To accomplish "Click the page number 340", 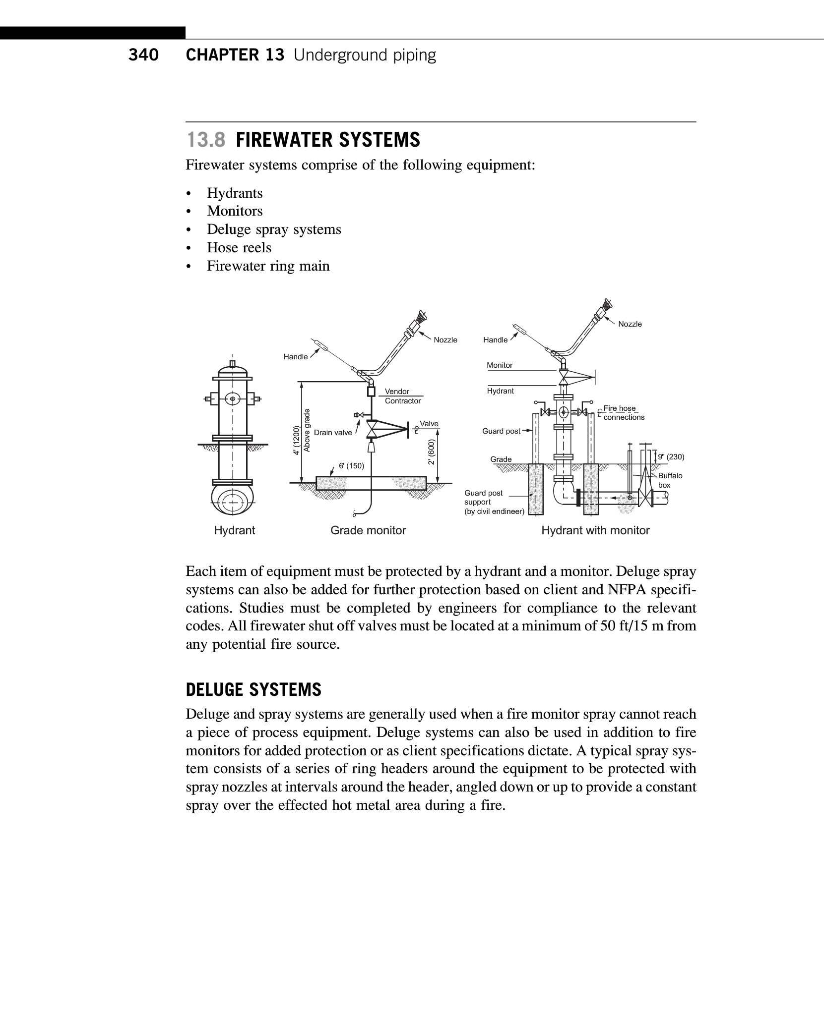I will [x=143, y=55].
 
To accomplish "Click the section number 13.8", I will [x=206, y=140].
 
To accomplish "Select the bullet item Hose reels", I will [x=239, y=247].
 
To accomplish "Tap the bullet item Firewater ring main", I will [x=268, y=266].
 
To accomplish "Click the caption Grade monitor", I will [x=368, y=530].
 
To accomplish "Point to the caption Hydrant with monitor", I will [x=595, y=530].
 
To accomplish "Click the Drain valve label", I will [x=332, y=433].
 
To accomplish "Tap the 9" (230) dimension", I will [x=671, y=456].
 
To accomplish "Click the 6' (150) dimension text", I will [x=351, y=466].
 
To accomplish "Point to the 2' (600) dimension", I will [x=432, y=452].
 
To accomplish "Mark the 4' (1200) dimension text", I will [x=297, y=440].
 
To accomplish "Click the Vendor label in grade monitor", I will [x=397, y=392].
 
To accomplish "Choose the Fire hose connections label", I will [x=623, y=413].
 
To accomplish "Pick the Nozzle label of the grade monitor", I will [x=445, y=340].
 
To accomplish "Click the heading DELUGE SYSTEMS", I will [x=254, y=690].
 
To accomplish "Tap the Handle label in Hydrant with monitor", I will [x=495, y=340].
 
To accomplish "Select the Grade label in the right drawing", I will [x=501, y=459].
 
